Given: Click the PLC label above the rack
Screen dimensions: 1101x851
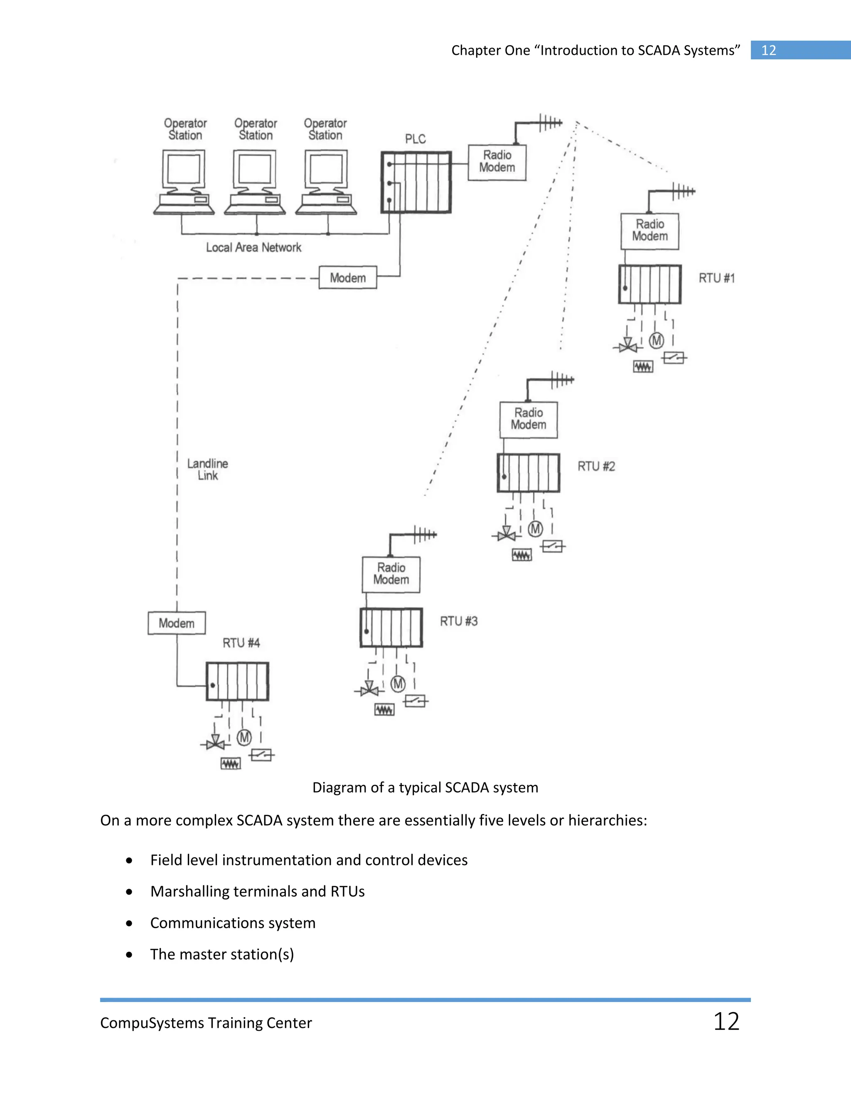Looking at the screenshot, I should click(x=416, y=139).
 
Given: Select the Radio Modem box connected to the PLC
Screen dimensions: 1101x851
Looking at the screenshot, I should click(x=497, y=162).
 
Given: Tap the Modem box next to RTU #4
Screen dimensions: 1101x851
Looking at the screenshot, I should click(x=177, y=623).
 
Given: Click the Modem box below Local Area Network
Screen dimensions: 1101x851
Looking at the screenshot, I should click(x=348, y=278).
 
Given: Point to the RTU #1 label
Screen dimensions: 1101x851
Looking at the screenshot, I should click(x=716, y=278).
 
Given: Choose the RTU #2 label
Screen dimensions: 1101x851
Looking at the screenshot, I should click(x=596, y=466).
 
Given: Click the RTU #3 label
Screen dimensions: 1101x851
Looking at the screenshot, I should click(x=458, y=621).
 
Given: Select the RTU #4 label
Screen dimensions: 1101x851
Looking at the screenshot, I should click(x=241, y=643).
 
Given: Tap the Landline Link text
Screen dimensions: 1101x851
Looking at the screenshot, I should click(x=208, y=469).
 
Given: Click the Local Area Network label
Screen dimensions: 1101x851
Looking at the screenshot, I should click(x=253, y=248).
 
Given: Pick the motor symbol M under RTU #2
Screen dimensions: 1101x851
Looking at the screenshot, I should click(x=535, y=529).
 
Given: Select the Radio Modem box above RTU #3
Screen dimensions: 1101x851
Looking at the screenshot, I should click(x=391, y=574).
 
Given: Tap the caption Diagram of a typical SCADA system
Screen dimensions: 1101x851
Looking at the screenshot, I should click(x=425, y=787).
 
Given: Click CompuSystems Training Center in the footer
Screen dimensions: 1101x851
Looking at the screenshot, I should click(x=206, y=1023).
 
